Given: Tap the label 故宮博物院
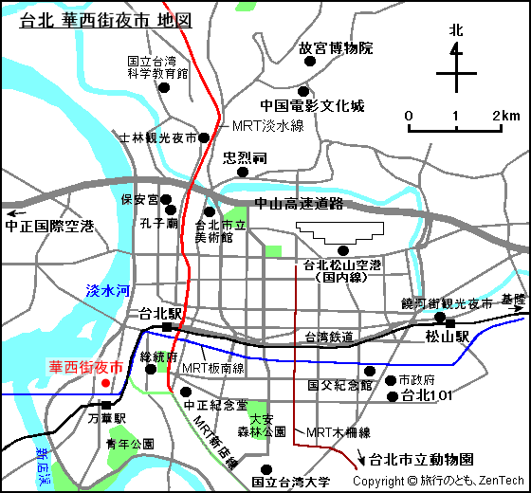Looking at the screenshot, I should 336,47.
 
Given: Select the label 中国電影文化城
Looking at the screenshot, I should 312,106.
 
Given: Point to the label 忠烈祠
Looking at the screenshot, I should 246,156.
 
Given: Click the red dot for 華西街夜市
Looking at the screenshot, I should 105,383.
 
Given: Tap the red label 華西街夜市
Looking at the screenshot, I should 86,367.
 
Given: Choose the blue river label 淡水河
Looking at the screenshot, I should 107,292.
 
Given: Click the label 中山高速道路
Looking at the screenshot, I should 298,204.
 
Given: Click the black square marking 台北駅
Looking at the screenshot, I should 167,327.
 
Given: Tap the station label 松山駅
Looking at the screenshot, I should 448,337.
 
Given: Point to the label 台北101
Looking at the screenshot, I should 426,394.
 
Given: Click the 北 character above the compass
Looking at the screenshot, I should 456,30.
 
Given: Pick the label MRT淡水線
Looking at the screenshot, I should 268,125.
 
